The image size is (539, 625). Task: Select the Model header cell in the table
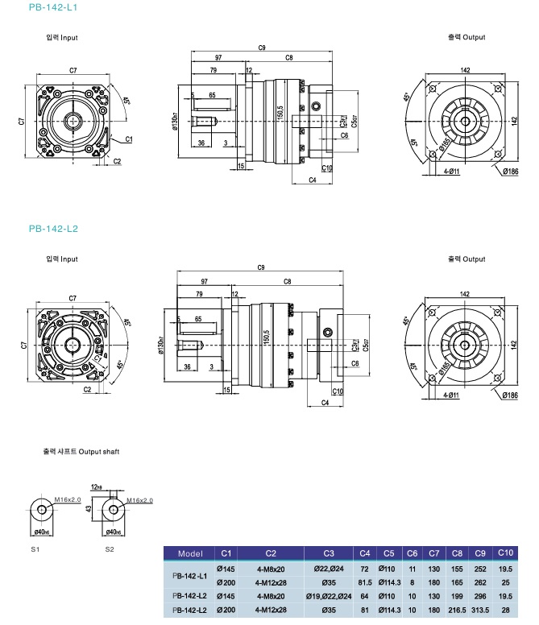pos(189,554)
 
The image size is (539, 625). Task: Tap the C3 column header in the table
pos(329,554)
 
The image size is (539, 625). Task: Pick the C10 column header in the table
pos(505,553)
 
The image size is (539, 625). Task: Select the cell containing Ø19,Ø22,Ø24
pos(329,597)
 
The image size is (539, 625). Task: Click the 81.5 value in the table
pos(364,582)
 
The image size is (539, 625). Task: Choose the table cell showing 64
pos(364,597)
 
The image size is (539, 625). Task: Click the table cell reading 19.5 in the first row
pos(505,568)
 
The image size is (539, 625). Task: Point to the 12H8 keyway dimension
pos(98,487)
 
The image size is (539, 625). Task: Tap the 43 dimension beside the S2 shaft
pos(86,510)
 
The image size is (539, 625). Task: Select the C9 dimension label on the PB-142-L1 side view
pos(262,49)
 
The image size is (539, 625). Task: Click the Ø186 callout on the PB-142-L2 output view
pos(510,395)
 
